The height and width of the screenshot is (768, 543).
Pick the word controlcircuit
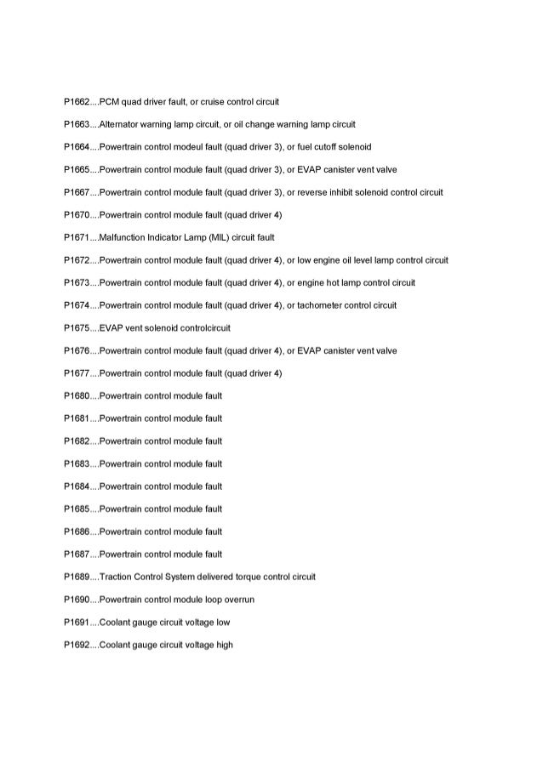tap(203, 327)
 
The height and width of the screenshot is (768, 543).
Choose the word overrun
tap(240, 600)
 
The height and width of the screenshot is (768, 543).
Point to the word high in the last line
tap(225, 645)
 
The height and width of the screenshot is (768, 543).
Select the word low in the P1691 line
tap(223, 622)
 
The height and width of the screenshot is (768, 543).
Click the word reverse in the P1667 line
tap(312, 192)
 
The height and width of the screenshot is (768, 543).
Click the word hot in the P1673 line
tap(334, 282)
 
